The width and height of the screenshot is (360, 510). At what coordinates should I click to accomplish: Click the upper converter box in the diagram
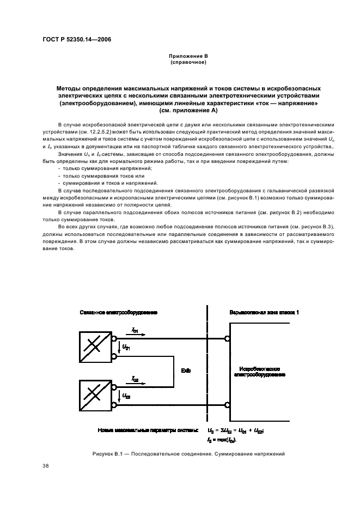click(94, 346)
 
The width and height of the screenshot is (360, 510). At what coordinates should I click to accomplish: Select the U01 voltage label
click(126, 347)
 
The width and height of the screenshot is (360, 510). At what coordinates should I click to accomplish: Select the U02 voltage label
click(126, 396)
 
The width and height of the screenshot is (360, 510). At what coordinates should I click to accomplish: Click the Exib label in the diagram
click(187, 371)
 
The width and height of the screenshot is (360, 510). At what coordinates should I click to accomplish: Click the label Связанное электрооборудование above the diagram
click(118, 313)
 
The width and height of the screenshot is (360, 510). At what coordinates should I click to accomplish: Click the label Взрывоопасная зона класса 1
click(264, 313)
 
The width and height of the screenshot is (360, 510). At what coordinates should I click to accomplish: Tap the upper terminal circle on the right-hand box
click(227, 338)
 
